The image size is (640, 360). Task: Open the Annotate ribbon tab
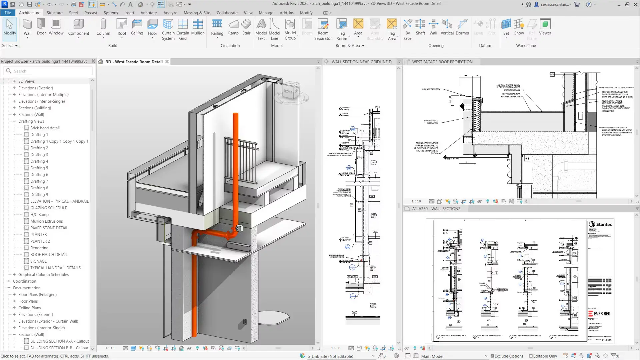148,13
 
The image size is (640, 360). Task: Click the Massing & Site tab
197,13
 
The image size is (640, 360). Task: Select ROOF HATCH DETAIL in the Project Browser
49,254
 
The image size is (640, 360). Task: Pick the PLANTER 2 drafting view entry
40,241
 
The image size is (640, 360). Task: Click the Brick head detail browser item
45,128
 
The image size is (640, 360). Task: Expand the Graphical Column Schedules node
14,274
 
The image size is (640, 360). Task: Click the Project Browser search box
50,71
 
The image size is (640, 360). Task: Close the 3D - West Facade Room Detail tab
167,62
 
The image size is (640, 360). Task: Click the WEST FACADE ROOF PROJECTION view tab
442,62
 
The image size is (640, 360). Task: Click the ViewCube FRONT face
288,91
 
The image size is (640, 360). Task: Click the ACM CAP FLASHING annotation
431,89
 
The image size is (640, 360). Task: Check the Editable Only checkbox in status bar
531,356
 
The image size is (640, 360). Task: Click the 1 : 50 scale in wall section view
336,348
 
